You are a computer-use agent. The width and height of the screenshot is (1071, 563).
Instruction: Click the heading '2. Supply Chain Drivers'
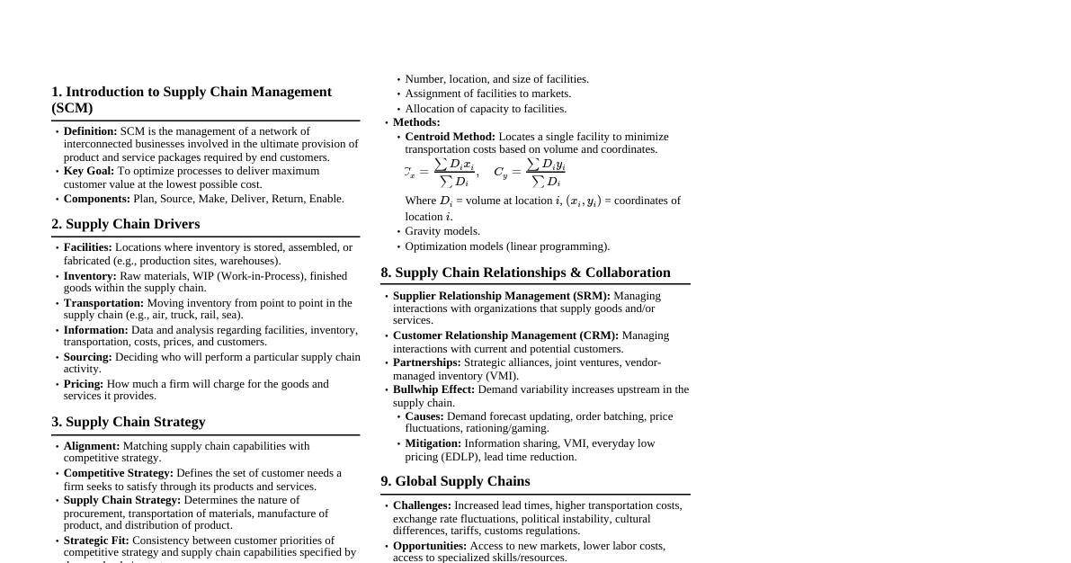[126, 224]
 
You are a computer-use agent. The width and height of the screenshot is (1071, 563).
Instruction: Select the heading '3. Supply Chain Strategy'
[129, 422]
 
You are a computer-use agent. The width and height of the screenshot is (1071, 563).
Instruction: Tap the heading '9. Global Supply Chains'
[455, 481]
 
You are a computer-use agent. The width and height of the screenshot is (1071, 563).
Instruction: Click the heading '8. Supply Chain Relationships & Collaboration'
[525, 273]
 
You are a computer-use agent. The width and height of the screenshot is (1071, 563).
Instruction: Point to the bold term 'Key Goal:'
[88, 171]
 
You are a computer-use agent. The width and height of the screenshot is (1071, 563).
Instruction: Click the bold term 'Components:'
[96, 199]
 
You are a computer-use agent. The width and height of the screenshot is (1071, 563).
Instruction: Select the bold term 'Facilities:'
[87, 247]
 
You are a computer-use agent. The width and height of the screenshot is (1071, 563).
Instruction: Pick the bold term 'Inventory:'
[90, 276]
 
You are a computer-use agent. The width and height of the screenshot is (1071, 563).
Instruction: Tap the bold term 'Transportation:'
[103, 303]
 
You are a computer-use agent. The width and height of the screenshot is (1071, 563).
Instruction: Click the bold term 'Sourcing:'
[87, 357]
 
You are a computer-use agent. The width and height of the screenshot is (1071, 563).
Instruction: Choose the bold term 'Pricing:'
[84, 384]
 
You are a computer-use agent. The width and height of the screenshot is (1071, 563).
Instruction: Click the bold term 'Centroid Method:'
[450, 137]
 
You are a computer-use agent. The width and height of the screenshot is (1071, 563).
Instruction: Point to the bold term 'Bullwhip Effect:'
[433, 389]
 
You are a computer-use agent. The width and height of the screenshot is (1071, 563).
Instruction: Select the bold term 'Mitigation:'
[433, 443]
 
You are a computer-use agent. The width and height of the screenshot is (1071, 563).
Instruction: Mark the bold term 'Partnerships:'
[426, 362]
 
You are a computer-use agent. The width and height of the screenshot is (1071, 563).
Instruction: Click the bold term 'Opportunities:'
[430, 546]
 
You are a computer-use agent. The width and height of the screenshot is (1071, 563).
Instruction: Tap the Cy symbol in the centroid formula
[500, 173]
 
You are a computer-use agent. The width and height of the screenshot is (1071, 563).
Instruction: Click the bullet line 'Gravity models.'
[442, 231]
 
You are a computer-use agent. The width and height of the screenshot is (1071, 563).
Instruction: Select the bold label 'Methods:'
[416, 122]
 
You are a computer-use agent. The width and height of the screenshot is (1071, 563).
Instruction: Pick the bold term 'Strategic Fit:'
[96, 541]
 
